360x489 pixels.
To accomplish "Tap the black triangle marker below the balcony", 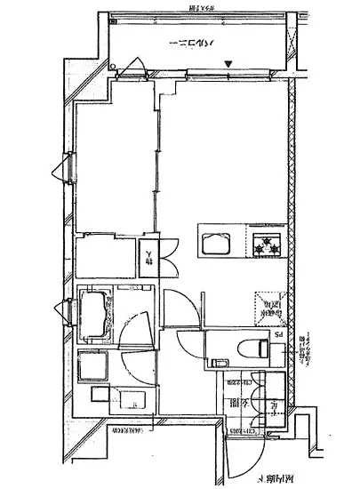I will point(230,64).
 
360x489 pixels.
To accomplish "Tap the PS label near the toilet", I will point(276,335).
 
